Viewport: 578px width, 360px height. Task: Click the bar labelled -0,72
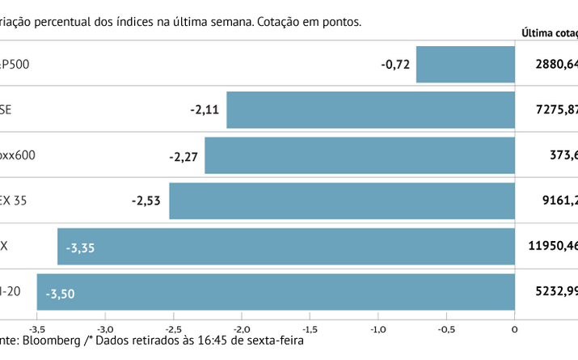click(466, 65)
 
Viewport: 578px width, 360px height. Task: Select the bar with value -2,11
click(370, 110)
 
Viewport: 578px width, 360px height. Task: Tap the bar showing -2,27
click(360, 155)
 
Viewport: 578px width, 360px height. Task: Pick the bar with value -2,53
click(342, 201)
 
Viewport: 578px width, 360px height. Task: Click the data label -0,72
click(396, 64)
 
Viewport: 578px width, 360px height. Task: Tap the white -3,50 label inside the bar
click(60, 294)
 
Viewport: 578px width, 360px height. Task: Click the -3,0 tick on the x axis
click(105, 329)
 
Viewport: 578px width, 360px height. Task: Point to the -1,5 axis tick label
click(310, 329)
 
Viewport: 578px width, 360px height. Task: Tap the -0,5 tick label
click(446, 329)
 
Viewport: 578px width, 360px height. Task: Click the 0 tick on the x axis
click(514, 329)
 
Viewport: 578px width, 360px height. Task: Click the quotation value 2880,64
click(556, 64)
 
